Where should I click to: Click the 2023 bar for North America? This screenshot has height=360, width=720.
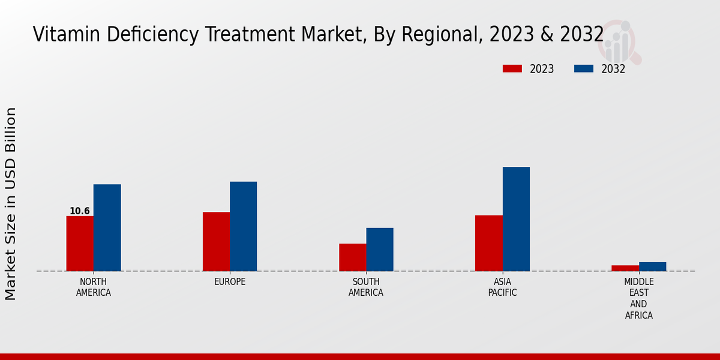click(80, 243)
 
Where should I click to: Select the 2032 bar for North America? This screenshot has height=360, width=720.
click(107, 227)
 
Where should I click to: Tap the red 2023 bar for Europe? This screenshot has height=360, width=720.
click(216, 241)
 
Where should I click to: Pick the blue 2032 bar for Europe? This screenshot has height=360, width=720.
click(243, 226)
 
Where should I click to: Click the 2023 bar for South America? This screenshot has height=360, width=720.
click(352, 257)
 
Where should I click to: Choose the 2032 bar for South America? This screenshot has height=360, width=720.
click(380, 249)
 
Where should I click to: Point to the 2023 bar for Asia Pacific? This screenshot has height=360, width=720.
click(488, 243)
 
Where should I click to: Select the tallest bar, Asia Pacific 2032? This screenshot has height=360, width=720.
click(516, 218)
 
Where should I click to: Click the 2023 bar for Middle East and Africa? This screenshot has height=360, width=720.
click(625, 268)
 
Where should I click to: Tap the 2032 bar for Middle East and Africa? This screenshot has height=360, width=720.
click(652, 266)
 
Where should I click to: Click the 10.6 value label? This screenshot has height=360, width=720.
click(79, 211)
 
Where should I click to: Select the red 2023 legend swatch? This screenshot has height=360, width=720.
click(512, 69)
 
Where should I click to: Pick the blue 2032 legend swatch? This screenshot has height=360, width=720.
click(583, 69)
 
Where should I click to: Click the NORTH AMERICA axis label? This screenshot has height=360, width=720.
click(93, 287)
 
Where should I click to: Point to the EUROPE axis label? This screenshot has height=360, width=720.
click(230, 282)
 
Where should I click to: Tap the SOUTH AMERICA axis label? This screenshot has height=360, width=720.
click(366, 287)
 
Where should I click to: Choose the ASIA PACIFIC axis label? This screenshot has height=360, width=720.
click(502, 287)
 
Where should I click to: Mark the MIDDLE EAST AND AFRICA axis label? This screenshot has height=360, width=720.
click(638, 298)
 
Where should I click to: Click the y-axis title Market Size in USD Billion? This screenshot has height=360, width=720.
click(11, 204)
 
